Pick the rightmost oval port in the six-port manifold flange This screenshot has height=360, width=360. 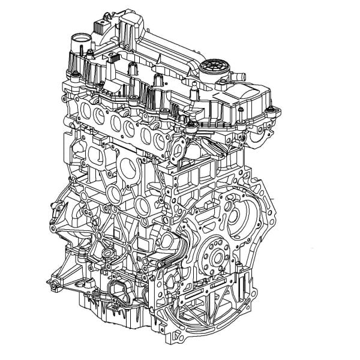[160, 140]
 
